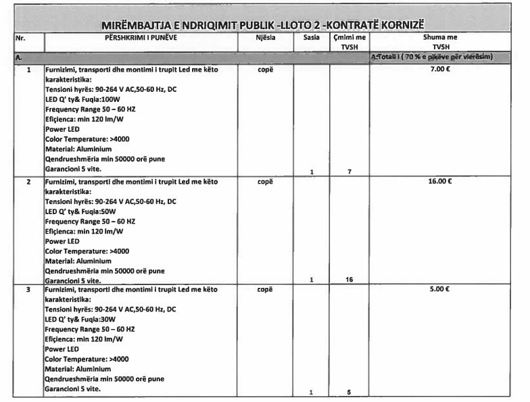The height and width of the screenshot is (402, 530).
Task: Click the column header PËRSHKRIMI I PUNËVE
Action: pyautogui.click(x=141, y=39)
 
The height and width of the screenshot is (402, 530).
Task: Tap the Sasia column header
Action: pyautogui.click(x=312, y=39)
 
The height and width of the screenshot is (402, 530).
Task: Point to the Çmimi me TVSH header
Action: pyautogui.click(x=349, y=43)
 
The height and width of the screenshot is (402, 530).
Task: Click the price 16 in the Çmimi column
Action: pyautogui.click(x=349, y=279)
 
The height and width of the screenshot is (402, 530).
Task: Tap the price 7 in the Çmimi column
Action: pyautogui.click(x=349, y=172)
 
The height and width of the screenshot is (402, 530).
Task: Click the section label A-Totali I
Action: pyautogui.click(x=433, y=57)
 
